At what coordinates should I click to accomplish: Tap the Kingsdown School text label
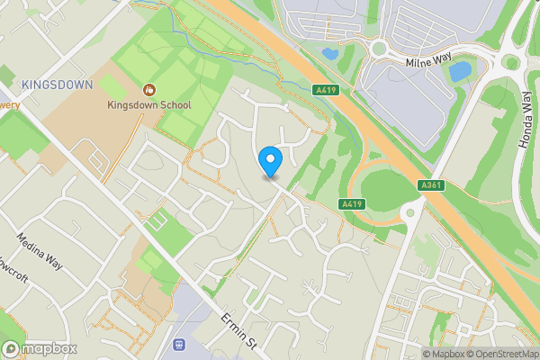[149, 105]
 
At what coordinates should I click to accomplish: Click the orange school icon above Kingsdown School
[149, 90]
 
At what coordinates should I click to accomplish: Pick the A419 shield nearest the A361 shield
[352, 205]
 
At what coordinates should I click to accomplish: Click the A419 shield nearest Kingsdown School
[326, 90]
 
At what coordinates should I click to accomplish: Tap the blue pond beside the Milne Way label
[460, 70]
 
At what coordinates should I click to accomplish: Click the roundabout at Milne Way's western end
[377, 49]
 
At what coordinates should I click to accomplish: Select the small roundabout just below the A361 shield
[411, 211]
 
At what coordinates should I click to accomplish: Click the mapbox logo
[40, 348]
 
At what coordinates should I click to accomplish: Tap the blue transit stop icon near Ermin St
[178, 344]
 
